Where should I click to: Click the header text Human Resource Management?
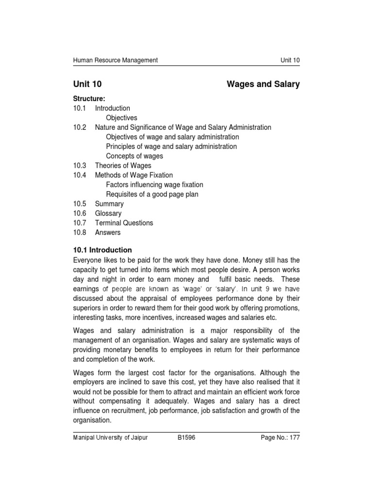click(115, 60)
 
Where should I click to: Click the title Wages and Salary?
click(263, 85)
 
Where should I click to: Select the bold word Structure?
click(89, 99)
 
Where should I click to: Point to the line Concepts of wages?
click(135, 156)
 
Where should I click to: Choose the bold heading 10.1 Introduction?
click(102, 250)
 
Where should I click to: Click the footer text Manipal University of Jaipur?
click(110, 438)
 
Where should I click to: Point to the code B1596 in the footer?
click(187, 438)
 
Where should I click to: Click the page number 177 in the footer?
click(293, 438)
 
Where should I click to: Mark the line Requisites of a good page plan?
click(152, 195)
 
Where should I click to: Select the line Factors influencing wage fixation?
click(154, 185)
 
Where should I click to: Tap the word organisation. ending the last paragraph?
click(92, 421)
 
